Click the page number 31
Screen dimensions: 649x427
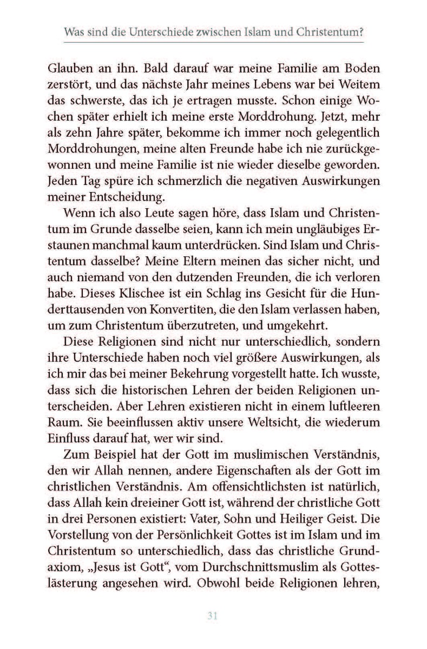213,615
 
